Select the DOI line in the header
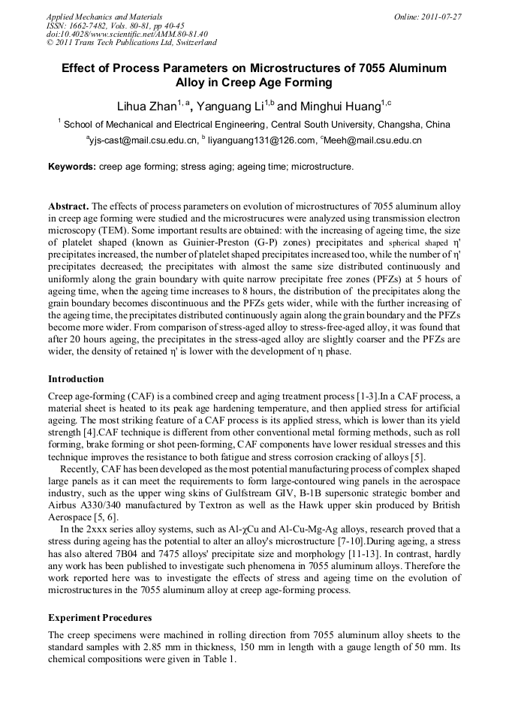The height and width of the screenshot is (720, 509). pyautogui.click(x=127, y=34)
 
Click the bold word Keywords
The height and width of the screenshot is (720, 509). pyautogui.click(x=72, y=166)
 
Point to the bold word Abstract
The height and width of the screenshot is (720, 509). pyautogui.click(x=68, y=206)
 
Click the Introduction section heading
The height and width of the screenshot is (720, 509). pyautogui.click(x=76, y=378)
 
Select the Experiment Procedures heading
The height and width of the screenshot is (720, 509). pyautogui.click(x=100, y=617)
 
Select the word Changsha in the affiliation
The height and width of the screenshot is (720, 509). pyautogui.click(x=401, y=124)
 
